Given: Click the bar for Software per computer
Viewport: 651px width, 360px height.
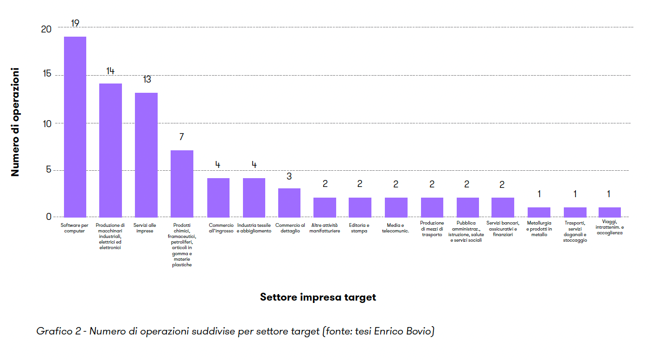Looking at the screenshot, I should tap(75, 126).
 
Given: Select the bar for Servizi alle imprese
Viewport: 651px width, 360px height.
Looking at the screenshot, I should tap(146, 154).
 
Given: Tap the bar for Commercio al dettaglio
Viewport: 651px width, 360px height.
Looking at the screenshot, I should tap(289, 202).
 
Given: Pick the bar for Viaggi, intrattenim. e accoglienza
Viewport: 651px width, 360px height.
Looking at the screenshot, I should tap(609, 212).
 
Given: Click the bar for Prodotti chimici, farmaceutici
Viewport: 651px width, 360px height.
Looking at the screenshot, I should tap(182, 183).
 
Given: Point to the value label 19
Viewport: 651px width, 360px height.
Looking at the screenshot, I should tap(76, 23).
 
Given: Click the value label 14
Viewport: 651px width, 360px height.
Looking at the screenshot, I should tap(110, 71).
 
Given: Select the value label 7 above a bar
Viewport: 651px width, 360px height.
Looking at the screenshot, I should tap(182, 137).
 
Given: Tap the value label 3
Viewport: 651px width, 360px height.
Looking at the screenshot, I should tap(289, 176).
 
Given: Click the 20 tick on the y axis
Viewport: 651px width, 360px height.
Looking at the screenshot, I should tap(46, 29).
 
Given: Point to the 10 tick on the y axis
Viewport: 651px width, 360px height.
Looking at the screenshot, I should tap(46, 123).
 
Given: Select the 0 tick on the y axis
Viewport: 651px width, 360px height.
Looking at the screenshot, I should tap(49, 217).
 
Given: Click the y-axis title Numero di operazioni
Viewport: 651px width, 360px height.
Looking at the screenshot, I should tap(15, 122).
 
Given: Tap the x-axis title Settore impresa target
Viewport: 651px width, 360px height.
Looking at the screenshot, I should tap(318, 297).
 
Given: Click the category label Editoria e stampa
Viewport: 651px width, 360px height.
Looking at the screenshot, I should tap(359, 228).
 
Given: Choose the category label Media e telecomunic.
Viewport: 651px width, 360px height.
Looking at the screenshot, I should tap(396, 228).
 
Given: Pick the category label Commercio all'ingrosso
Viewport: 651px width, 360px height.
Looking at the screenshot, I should tap(221, 228).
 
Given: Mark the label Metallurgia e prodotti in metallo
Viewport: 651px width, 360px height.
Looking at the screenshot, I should tap(539, 229).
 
